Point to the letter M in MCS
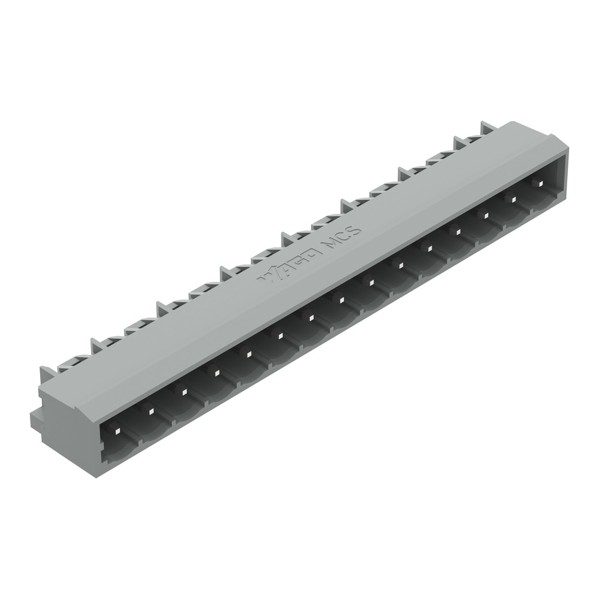click(329, 243)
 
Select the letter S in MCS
click(353, 230)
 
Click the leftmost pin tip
click(117, 430)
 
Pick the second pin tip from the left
click(151, 411)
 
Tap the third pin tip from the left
click(184, 392)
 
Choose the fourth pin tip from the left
click(216, 373)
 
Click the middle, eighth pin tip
click(340, 301)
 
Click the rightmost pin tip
click(541, 184)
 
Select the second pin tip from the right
click(513, 200)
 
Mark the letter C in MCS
click(343, 236)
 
